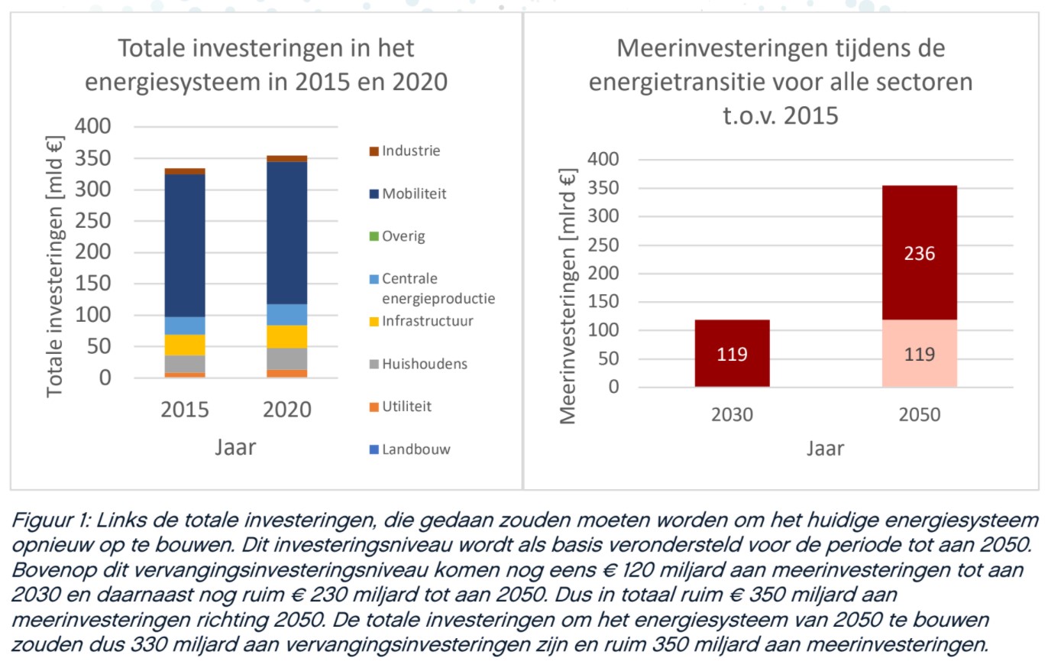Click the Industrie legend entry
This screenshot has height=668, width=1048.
click(x=411, y=151)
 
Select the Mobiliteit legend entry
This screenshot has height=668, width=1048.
click(x=414, y=193)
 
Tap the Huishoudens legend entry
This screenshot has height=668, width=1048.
click(x=424, y=364)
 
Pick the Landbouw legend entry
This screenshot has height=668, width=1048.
click(x=416, y=449)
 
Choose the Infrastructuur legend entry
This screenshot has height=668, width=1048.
click(x=427, y=320)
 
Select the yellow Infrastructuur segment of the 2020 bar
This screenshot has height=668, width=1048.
click(x=286, y=336)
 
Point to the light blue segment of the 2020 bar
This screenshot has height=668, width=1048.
click(x=286, y=314)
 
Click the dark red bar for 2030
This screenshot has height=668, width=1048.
click(x=732, y=353)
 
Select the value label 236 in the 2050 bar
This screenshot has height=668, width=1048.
click(x=919, y=253)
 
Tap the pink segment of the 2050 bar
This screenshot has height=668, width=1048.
click(x=919, y=353)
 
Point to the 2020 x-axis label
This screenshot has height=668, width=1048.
click(x=286, y=410)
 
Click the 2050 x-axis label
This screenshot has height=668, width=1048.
click(x=919, y=415)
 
